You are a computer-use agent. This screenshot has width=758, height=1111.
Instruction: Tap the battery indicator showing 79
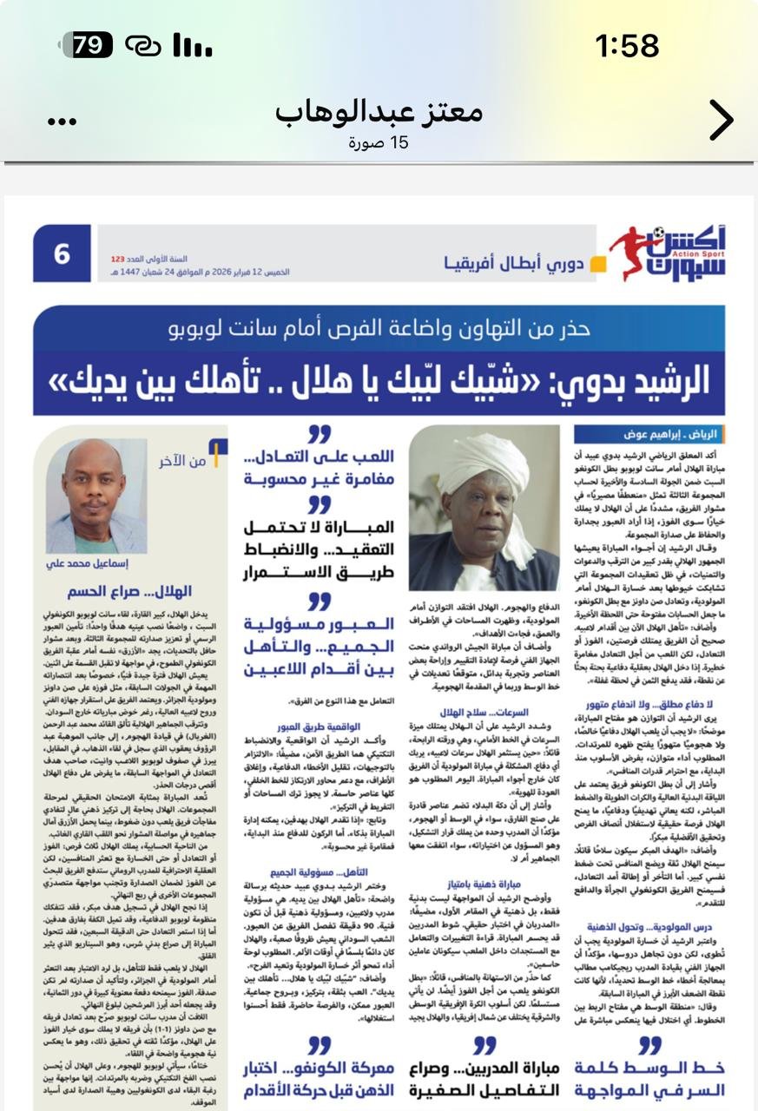point(89,44)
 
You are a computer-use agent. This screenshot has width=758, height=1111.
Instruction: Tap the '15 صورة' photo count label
point(379,142)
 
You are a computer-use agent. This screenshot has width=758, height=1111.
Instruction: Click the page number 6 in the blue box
point(63,254)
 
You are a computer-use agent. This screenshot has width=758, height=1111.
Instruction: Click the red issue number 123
point(118,259)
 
